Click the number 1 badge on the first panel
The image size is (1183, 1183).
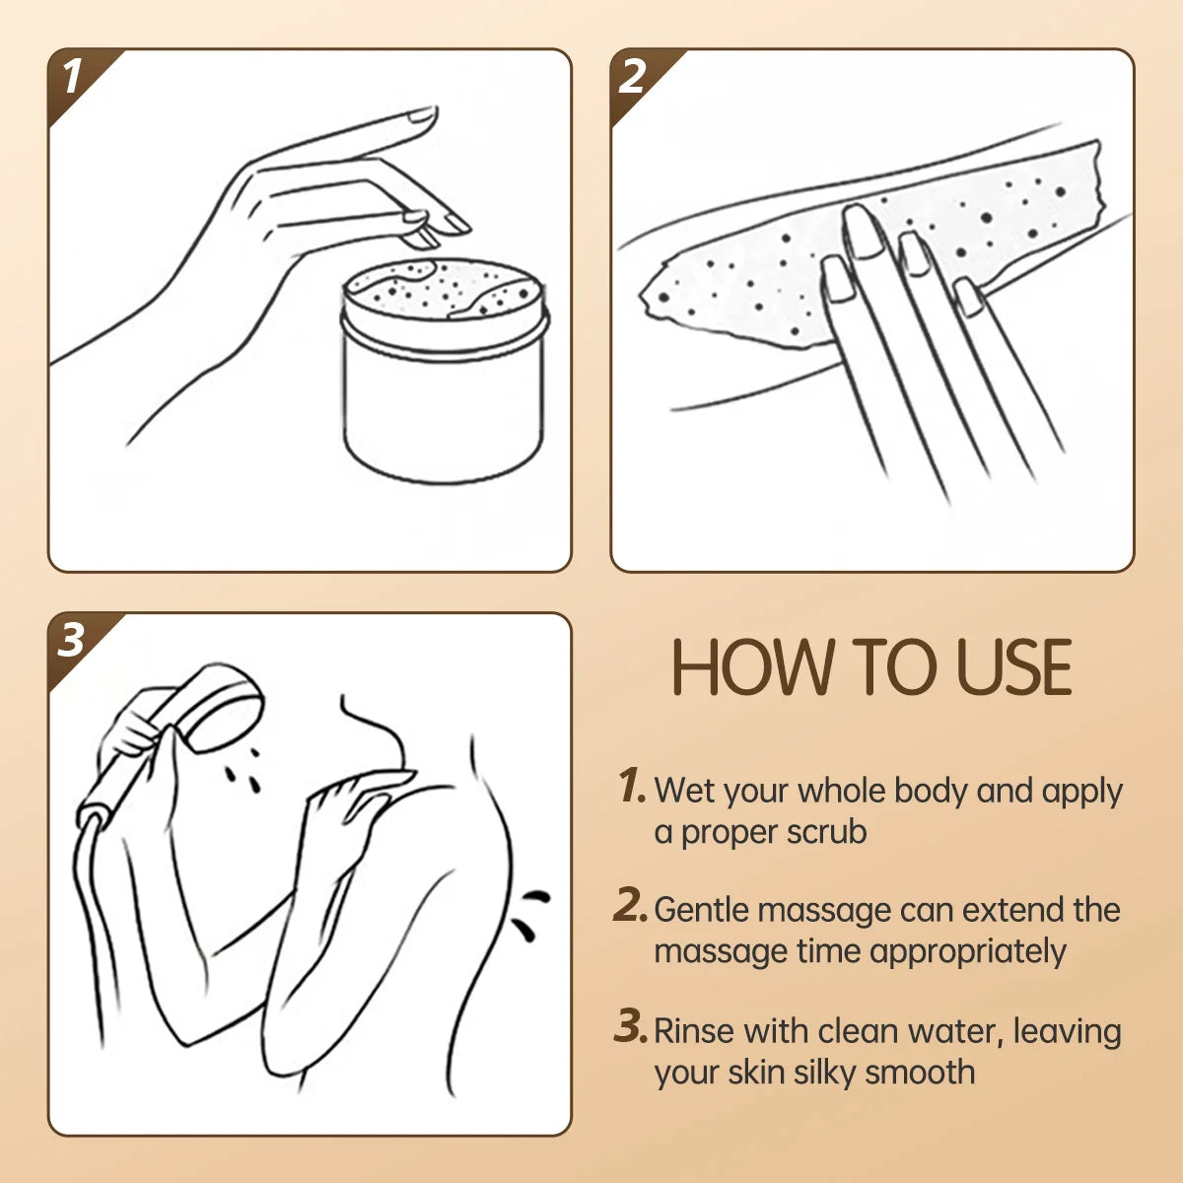[x=71, y=77]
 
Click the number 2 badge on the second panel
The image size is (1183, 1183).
[x=633, y=77]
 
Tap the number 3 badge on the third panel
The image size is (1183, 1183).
[x=71, y=641]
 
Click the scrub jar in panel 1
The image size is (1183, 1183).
[x=444, y=375]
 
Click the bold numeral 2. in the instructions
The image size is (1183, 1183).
[x=630, y=906]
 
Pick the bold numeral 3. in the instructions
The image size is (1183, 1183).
[x=630, y=1027]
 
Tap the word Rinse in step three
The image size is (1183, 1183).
[x=694, y=1030]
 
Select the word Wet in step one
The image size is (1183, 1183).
[x=684, y=790]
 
